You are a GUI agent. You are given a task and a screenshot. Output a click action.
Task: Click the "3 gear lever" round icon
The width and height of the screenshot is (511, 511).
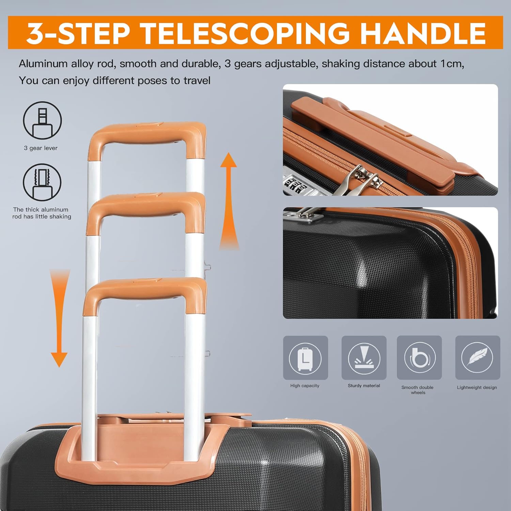(42, 120)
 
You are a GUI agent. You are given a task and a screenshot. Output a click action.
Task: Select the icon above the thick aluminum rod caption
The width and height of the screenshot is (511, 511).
(42, 182)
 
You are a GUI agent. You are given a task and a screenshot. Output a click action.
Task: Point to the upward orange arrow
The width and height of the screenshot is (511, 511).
(229, 201)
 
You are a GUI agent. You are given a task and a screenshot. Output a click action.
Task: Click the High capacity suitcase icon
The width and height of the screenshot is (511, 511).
(305, 358)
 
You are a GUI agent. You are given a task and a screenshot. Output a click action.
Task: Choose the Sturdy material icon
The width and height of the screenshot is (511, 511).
(364, 358)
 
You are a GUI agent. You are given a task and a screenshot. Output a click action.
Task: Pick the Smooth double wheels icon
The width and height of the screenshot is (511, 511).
(419, 358)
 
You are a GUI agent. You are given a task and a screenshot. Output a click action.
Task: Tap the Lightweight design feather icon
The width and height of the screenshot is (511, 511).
(478, 358)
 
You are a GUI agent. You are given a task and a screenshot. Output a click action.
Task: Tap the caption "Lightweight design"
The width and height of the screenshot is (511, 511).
(477, 387)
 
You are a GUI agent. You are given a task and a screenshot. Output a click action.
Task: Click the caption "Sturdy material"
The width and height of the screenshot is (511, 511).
(364, 386)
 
